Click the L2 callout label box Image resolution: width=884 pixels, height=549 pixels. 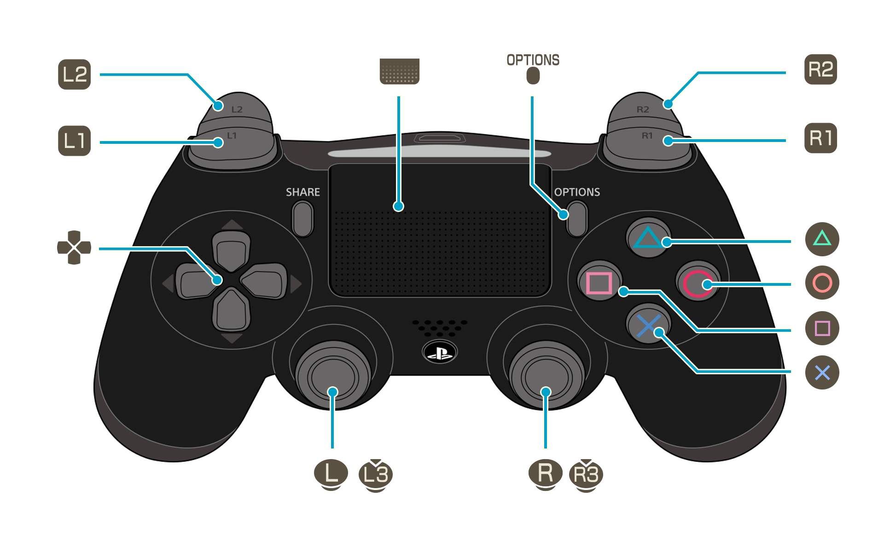75,75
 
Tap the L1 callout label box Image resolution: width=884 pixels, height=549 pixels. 75,141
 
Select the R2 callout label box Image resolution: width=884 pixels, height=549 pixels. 820,70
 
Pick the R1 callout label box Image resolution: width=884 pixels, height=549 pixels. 820,138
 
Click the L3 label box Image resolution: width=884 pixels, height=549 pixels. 375,476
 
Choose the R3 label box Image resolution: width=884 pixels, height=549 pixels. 586,476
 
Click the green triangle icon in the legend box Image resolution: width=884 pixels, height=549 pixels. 822,239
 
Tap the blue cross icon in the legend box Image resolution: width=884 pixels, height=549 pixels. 822,372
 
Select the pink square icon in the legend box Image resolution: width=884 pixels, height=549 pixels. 822,328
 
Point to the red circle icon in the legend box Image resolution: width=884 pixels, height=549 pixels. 822,283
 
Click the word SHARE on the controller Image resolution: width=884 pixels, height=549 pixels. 302,192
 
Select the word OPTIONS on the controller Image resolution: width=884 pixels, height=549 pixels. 577,192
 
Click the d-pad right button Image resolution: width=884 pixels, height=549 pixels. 264,282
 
